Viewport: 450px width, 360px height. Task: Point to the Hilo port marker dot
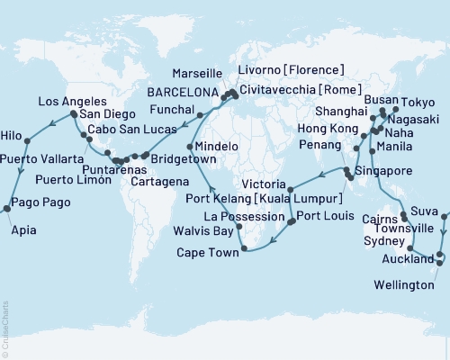28,139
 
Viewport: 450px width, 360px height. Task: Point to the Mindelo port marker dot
189,147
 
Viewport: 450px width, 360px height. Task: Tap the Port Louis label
322,216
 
